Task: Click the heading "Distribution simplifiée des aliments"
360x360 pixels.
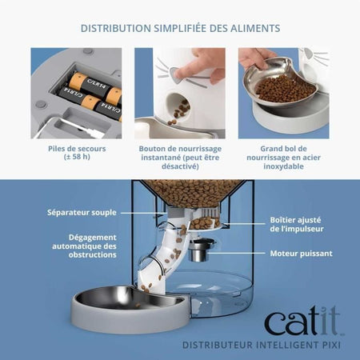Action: pyautogui.click(x=180, y=28)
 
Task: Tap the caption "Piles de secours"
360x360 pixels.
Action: pyautogui.click(x=75, y=148)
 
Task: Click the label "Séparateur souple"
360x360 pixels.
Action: pyautogui.click(x=82, y=213)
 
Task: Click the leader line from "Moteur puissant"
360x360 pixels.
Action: pyautogui.click(x=245, y=253)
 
